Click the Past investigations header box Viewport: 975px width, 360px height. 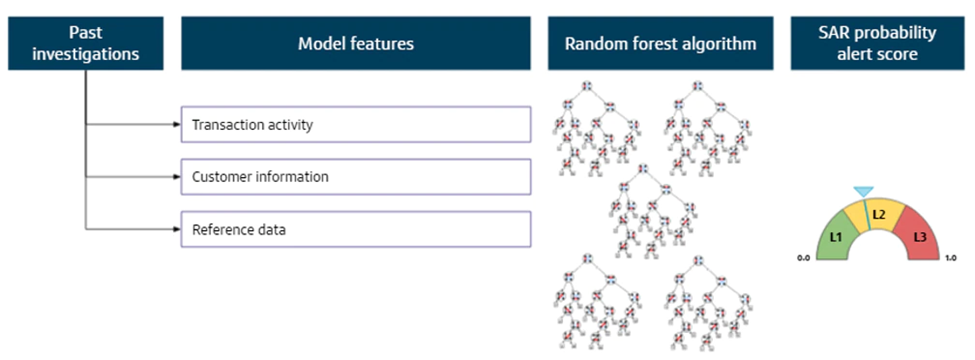coord(86,44)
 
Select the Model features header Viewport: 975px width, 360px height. coord(356,44)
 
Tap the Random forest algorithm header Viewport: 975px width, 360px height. coord(660,44)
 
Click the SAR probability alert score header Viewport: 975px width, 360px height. coord(877,44)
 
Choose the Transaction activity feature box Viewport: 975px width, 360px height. coord(356,124)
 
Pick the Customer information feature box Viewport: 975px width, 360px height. coord(356,177)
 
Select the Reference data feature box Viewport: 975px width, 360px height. coord(356,229)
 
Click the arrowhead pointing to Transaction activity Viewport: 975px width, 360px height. coord(177,124)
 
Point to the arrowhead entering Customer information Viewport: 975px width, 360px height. coord(177,177)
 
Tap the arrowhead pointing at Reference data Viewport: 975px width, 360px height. coord(177,229)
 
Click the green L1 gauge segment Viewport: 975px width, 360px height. coord(836,236)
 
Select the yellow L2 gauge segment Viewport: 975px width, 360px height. coord(879,215)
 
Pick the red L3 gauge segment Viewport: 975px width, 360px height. coord(918,236)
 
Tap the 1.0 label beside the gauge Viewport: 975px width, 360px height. coord(950,258)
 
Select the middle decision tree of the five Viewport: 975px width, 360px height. coord(652,211)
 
